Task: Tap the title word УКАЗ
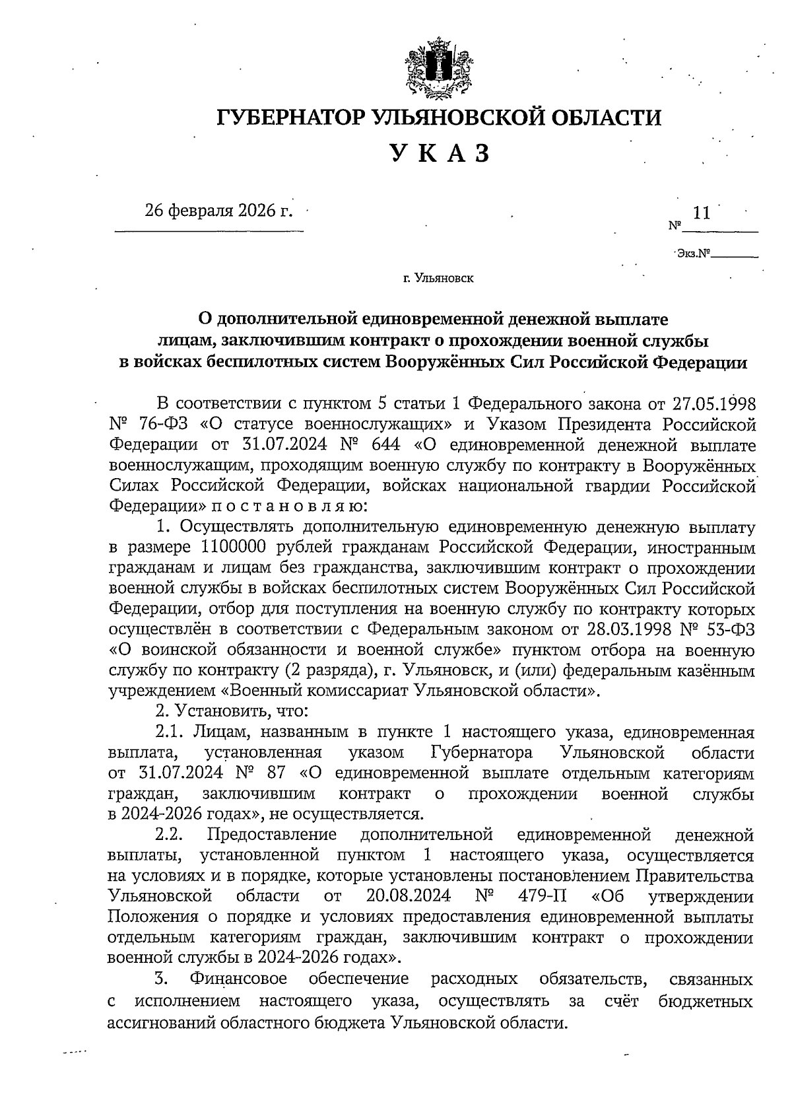[440, 153]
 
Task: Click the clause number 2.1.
[170, 732]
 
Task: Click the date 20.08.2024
[407, 896]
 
